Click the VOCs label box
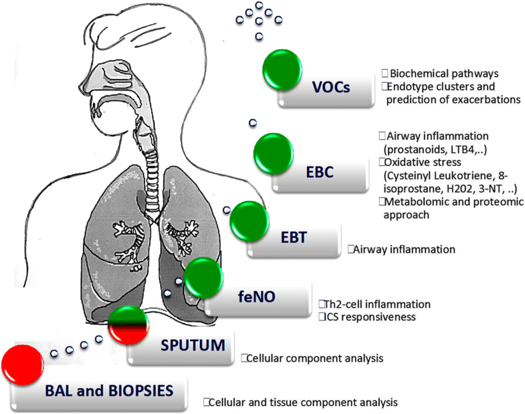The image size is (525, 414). [333, 89]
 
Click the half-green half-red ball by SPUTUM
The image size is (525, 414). [128, 325]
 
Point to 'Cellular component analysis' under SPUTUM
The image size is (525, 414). [315, 358]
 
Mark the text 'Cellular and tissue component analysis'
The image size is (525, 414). [303, 403]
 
